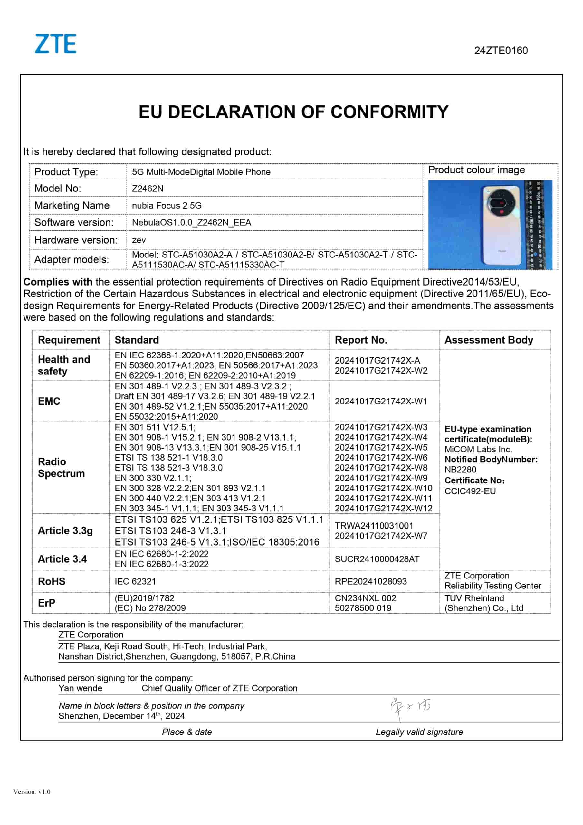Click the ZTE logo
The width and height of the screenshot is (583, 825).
56,44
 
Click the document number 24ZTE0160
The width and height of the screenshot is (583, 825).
501,51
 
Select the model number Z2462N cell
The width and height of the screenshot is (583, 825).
148,189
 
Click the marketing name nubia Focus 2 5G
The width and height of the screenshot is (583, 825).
167,206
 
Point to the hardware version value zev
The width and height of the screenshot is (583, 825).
139,240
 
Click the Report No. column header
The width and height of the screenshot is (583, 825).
361,340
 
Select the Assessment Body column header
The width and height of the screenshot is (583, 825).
489,340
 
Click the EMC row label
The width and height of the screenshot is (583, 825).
49,401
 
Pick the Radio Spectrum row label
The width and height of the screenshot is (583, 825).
61,468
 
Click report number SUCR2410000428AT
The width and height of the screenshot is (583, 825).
377,559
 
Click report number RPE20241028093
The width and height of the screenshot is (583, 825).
370,581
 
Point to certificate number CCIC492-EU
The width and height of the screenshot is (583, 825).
470,491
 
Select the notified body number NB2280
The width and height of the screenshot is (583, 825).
460,470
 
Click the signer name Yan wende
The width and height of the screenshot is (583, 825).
81,688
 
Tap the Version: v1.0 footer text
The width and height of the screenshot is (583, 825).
32,791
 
